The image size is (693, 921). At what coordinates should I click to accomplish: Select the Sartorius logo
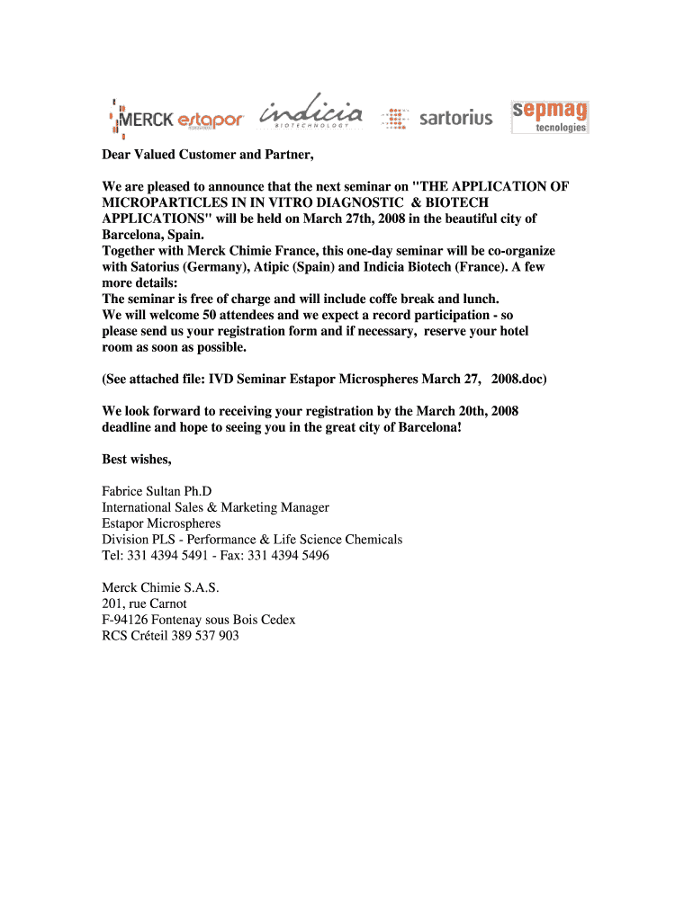point(437,118)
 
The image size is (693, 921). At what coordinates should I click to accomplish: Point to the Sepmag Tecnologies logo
point(549,117)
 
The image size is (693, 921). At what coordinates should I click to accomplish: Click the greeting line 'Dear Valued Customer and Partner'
point(208,155)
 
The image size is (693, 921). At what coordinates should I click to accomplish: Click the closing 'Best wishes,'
point(137,460)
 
